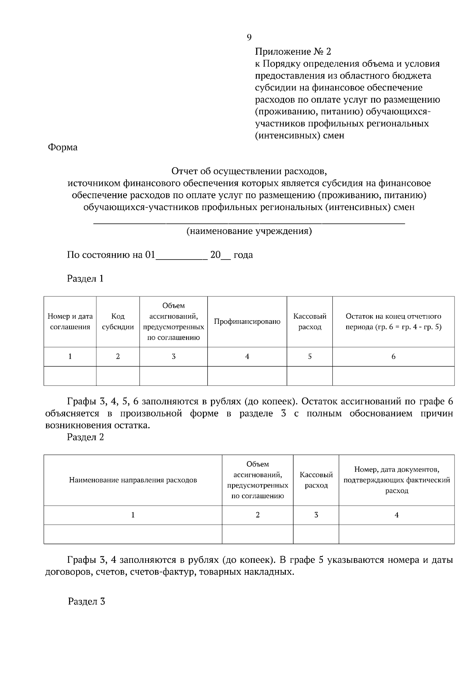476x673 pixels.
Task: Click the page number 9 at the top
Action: coord(249,37)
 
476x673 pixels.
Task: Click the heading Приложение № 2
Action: coord(293,52)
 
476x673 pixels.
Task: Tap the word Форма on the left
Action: coord(63,147)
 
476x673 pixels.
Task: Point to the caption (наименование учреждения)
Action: coord(249,231)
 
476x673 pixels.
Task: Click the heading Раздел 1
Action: coord(85,279)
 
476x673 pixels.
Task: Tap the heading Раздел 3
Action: coord(86,602)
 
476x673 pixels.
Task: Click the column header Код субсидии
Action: coord(118,321)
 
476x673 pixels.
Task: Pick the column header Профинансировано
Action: coord(247,321)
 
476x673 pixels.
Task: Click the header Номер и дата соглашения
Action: coord(70,321)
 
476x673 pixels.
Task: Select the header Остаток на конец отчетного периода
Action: coord(393,321)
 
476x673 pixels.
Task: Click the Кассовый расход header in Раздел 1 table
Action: coord(310,321)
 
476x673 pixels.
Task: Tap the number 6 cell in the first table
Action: coord(393,356)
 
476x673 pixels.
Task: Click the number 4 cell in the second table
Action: coord(397,515)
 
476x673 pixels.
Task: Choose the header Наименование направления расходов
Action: coord(133,480)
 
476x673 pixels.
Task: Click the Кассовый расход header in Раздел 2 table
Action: coord(316,480)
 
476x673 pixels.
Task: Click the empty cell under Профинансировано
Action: coord(247,376)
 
